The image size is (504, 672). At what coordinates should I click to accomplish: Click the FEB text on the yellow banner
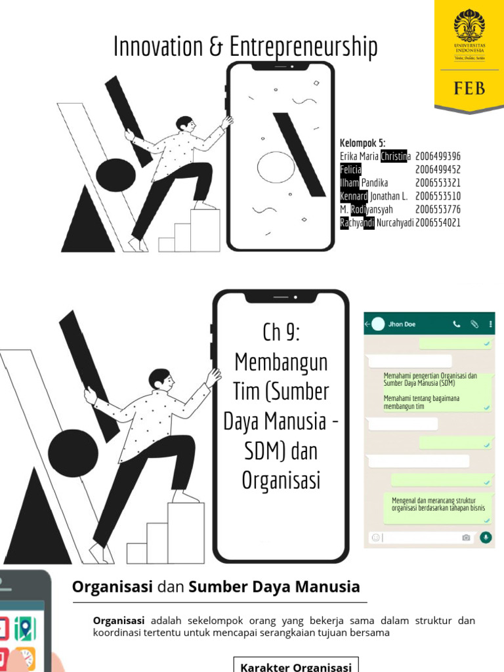pyautogui.click(x=469, y=87)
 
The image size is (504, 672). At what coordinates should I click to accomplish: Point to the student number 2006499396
pyautogui.click(x=438, y=156)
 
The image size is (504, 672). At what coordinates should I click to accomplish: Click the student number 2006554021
pyautogui.click(x=438, y=222)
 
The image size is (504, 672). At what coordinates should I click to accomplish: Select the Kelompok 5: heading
pyautogui.click(x=362, y=144)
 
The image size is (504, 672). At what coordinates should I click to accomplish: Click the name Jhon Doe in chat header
pyautogui.click(x=401, y=324)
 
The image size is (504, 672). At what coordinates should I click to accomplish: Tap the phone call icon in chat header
pyautogui.click(x=457, y=324)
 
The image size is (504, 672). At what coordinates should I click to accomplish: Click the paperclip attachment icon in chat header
pyautogui.click(x=474, y=324)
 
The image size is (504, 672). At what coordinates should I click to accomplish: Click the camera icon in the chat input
pyautogui.click(x=466, y=537)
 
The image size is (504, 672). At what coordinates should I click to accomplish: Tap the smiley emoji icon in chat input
pyautogui.click(x=375, y=537)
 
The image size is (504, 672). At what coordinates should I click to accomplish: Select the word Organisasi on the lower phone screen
pyautogui.click(x=281, y=481)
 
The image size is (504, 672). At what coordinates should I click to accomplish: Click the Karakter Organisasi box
pyautogui.click(x=296, y=666)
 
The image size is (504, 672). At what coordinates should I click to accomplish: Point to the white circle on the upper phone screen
pyautogui.click(x=276, y=167)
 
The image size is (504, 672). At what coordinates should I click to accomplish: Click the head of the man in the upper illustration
pyautogui.click(x=185, y=123)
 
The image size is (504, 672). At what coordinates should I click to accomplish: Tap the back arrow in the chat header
pyautogui.click(x=367, y=324)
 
